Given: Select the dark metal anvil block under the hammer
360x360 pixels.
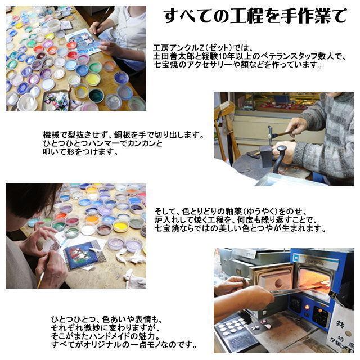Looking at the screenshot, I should [x=266, y=154].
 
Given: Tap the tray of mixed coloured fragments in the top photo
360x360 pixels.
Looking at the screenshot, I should [x=56, y=101].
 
